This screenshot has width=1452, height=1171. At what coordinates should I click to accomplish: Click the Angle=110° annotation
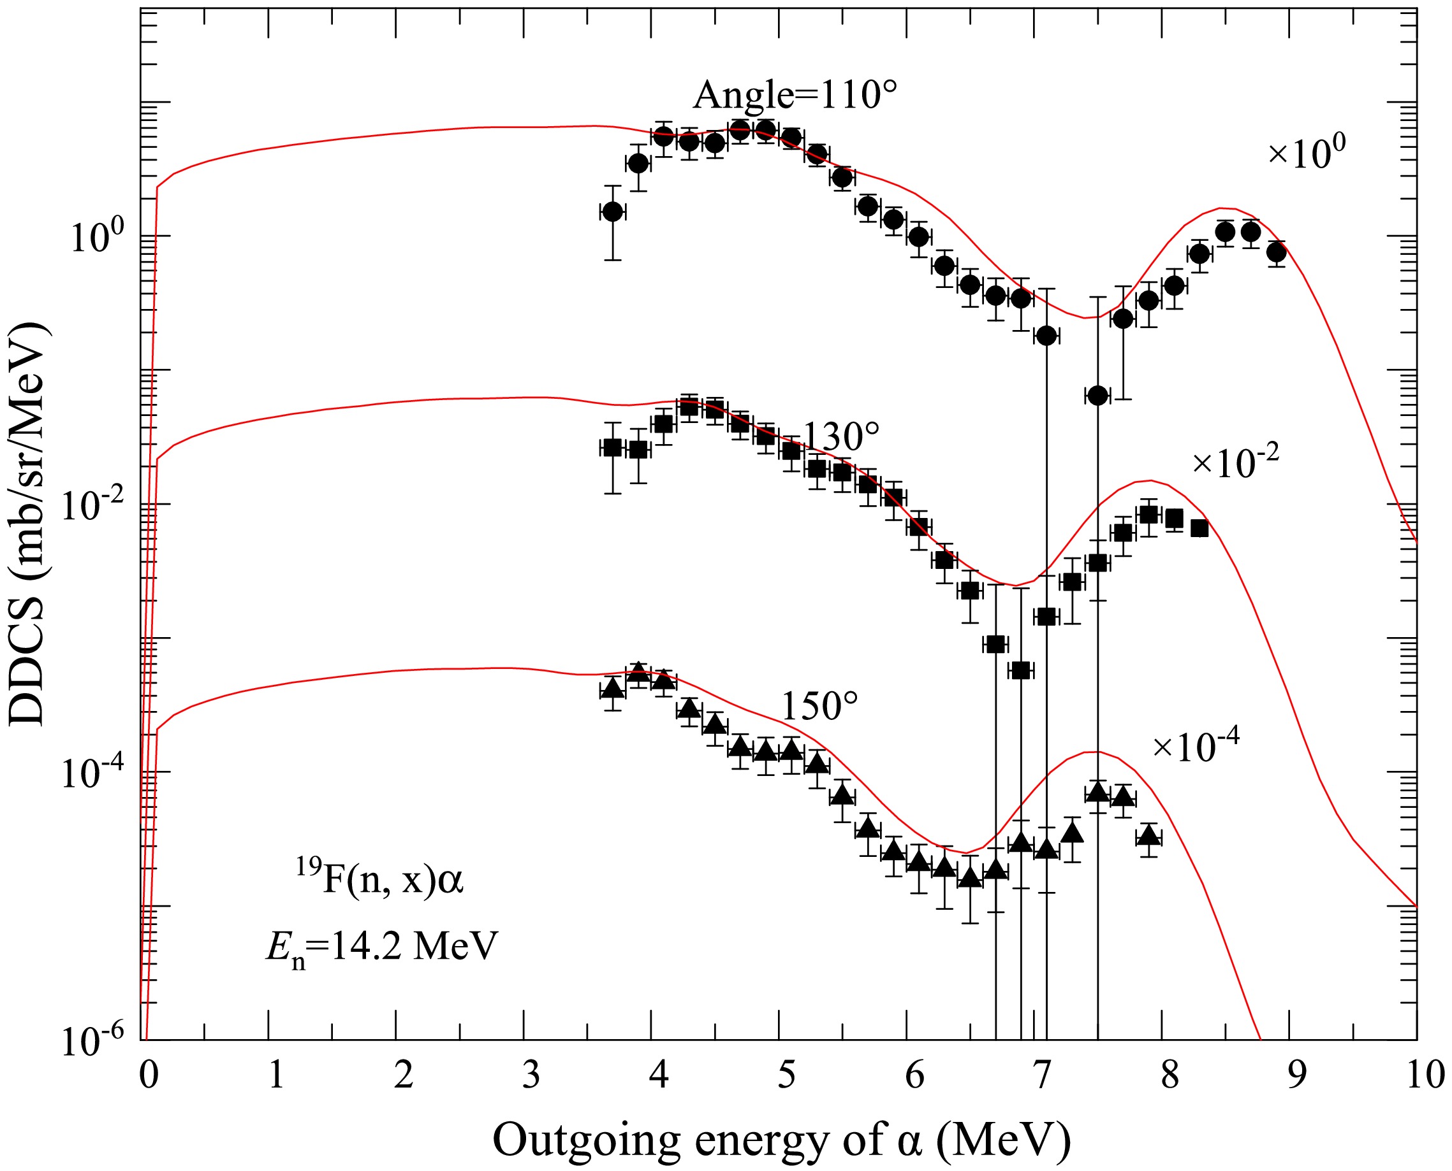[795, 94]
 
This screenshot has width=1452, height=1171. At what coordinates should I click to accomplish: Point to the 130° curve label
[841, 436]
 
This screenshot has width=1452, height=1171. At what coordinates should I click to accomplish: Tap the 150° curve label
[819, 707]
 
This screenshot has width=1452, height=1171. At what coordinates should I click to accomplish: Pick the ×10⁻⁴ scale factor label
[1196, 745]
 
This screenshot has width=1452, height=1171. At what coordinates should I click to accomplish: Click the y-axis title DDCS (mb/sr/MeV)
[28, 524]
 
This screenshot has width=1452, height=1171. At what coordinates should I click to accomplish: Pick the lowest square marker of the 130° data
[1021, 670]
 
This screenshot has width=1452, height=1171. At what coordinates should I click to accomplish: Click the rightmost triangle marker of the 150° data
[1148, 837]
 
